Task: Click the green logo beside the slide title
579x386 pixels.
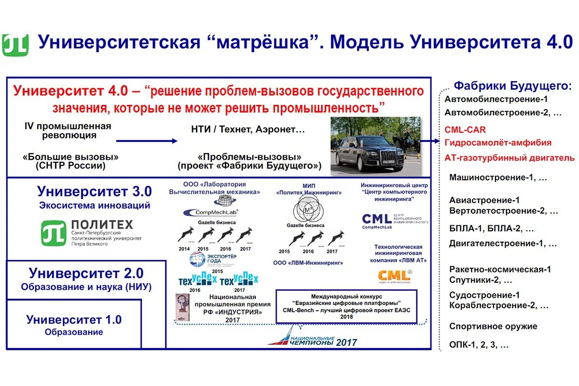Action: [15, 45]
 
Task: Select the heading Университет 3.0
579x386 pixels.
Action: [94, 192]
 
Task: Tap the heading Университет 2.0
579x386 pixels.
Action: [86, 273]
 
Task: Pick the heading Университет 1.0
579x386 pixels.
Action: [74, 319]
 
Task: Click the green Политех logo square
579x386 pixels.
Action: [54, 233]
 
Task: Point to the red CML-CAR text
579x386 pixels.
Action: [465, 130]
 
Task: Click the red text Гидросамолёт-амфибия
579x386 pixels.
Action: [498, 143]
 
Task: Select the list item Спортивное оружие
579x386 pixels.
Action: [493, 326]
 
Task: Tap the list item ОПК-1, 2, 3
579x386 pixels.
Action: [479, 345]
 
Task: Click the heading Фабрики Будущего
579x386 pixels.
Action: [512, 86]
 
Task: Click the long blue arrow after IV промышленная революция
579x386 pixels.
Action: [147, 140]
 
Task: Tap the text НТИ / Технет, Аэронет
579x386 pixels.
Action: [248, 129]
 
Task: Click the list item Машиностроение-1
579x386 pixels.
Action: [498, 178]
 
